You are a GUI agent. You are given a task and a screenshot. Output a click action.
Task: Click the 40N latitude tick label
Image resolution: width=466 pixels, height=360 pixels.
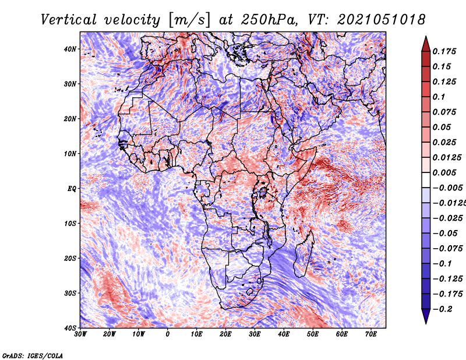70,49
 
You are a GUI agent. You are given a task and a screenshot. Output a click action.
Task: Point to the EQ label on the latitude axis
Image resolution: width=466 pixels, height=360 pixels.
72,189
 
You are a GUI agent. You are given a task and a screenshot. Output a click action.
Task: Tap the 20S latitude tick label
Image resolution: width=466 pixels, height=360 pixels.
70,258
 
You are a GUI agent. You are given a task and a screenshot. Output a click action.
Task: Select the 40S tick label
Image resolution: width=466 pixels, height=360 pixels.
70,328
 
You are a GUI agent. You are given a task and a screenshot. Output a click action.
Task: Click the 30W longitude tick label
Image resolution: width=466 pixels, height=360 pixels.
80,334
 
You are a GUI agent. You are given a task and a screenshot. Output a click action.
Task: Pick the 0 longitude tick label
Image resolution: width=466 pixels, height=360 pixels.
168,334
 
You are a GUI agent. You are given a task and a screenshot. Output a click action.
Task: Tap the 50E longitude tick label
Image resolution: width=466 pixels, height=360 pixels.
313,334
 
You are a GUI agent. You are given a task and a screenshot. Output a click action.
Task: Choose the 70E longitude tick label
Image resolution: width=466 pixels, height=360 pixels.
371,334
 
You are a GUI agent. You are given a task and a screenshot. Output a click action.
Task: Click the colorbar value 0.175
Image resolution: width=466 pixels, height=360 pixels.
444,51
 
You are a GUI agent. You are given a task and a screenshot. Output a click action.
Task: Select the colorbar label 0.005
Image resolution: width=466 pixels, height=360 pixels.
444,172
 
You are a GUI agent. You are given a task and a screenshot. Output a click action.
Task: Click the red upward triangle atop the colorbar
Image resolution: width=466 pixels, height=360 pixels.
426,45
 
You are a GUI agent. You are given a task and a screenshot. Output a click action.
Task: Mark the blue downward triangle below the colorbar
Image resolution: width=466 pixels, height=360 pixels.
426,316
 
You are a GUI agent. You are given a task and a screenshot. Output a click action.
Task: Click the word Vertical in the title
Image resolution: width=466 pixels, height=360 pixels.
69,20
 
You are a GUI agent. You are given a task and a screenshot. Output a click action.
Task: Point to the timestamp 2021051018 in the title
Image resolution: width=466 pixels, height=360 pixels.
382,20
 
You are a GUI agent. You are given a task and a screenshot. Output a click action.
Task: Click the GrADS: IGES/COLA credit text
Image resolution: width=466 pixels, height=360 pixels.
33,355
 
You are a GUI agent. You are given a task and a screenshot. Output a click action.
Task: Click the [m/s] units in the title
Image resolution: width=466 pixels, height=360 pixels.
189,20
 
